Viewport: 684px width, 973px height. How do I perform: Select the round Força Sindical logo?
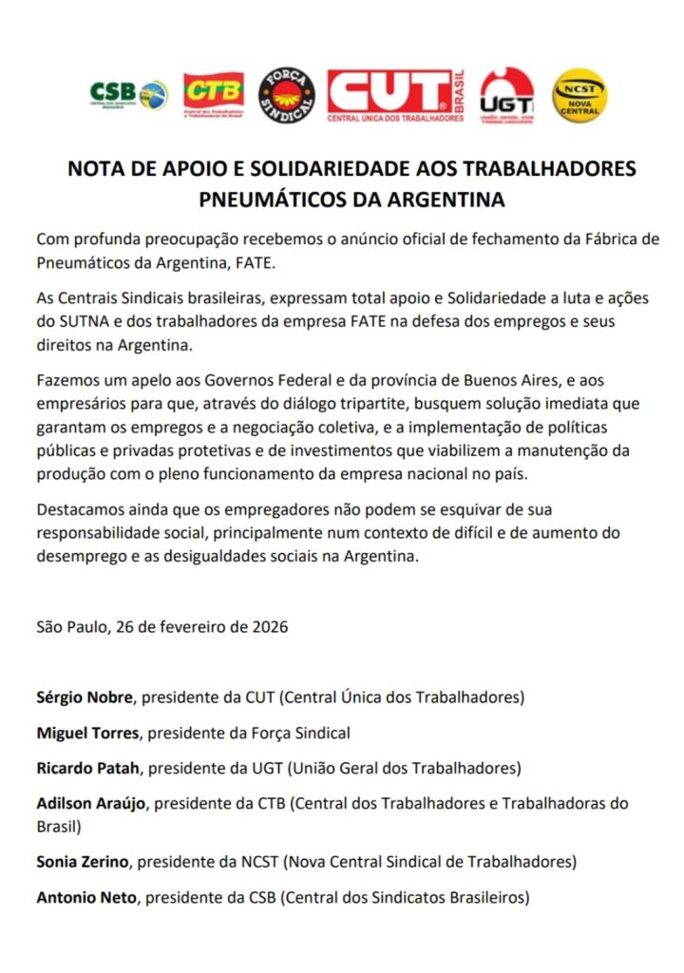[286, 94]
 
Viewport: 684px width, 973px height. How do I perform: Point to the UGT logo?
[506, 95]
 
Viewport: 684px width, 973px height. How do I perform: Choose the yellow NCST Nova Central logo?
[579, 94]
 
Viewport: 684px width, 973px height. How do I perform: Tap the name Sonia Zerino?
[85, 862]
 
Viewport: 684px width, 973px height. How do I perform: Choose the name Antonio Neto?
[86, 896]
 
